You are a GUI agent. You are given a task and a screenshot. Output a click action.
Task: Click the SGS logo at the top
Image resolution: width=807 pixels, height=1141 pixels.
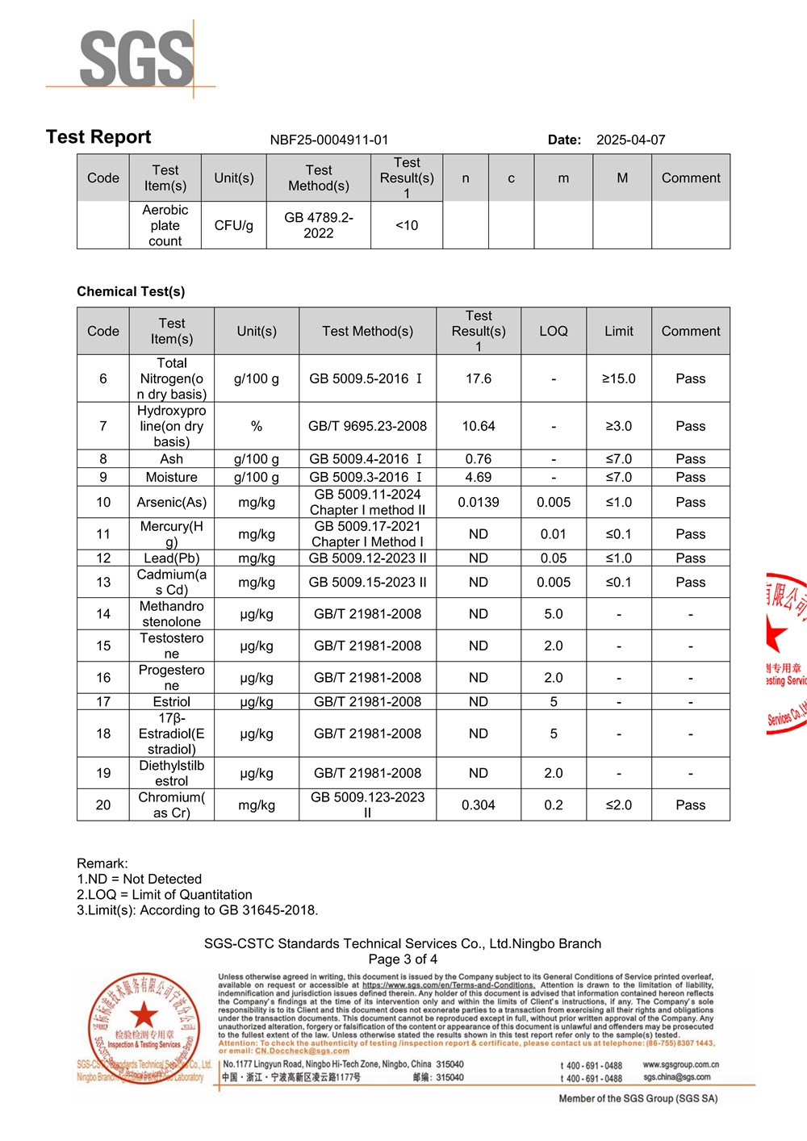point(136,59)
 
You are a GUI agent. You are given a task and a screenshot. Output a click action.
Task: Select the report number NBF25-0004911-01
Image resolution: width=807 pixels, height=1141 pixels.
point(329,140)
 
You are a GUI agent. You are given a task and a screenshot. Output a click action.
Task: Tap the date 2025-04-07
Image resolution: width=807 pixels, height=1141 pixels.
point(630,140)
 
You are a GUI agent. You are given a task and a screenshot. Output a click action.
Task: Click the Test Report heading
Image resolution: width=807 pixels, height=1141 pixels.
point(98,137)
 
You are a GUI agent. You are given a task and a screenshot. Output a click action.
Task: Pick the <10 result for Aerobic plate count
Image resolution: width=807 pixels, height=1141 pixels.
point(407,225)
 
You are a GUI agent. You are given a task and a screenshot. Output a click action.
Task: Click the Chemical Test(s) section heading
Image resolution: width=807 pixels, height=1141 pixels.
point(131,291)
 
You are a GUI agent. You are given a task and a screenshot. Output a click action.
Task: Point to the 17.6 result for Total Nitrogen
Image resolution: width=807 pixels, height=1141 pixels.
point(478,378)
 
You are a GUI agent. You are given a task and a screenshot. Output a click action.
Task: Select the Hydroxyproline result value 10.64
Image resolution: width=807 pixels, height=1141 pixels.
point(478,426)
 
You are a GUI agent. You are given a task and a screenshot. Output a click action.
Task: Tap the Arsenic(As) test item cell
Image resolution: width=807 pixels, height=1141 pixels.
point(171,502)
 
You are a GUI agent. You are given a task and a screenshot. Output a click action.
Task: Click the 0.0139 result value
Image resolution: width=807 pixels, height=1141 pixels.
point(478,502)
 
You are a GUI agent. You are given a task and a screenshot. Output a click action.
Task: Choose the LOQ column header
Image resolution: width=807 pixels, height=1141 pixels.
point(553,331)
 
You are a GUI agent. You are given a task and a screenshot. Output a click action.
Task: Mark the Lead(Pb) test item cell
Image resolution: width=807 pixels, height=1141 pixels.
point(171,558)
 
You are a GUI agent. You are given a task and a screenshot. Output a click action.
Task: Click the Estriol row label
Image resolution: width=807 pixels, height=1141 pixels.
point(171,702)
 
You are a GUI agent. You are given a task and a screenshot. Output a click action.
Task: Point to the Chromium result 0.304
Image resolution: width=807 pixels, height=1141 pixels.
point(478,805)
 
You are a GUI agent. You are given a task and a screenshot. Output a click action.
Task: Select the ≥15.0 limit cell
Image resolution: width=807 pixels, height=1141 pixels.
point(618,378)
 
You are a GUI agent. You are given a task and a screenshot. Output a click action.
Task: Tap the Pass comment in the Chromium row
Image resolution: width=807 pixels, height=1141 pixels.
point(690,805)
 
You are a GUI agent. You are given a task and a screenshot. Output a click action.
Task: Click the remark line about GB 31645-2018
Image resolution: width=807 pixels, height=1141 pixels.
point(197,910)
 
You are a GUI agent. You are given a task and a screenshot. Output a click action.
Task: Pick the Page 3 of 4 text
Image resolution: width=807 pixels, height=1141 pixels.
point(403,959)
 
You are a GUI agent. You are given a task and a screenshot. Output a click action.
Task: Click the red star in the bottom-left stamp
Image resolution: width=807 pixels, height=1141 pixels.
point(144,1014)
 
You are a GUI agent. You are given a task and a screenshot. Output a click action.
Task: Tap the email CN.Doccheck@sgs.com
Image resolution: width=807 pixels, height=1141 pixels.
point(302,1051)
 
